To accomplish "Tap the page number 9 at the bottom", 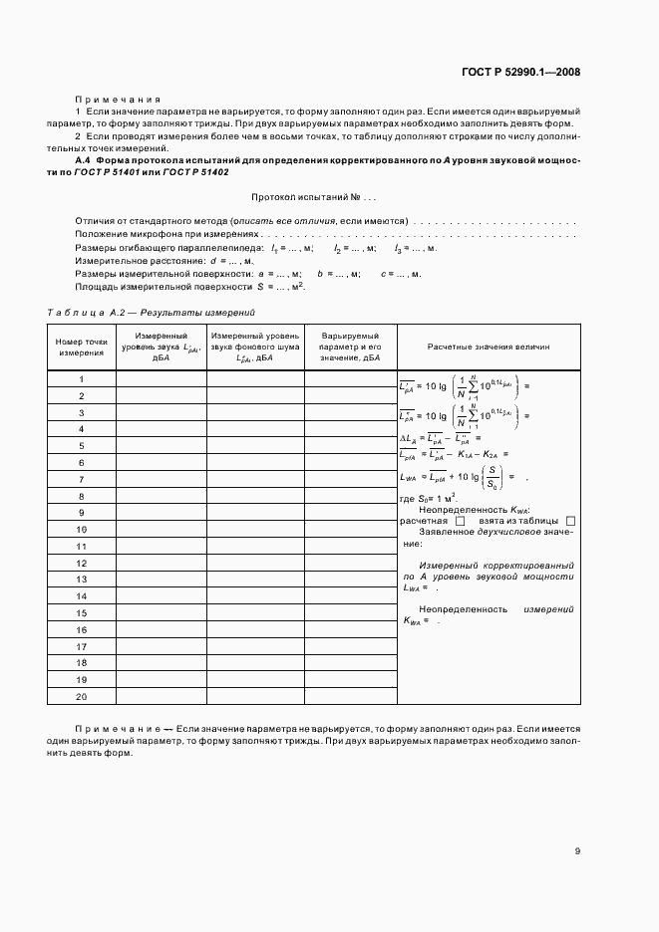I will pos(577,850).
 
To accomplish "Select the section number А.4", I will pos(84,160).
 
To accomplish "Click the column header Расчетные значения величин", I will pos(488,348).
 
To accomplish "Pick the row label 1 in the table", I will pos(81,379).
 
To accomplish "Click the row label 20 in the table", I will pos(81,695).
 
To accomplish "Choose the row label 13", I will pos(81,579).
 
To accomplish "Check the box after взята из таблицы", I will pos(570,521).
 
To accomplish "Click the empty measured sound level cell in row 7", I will pos(161,479).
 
